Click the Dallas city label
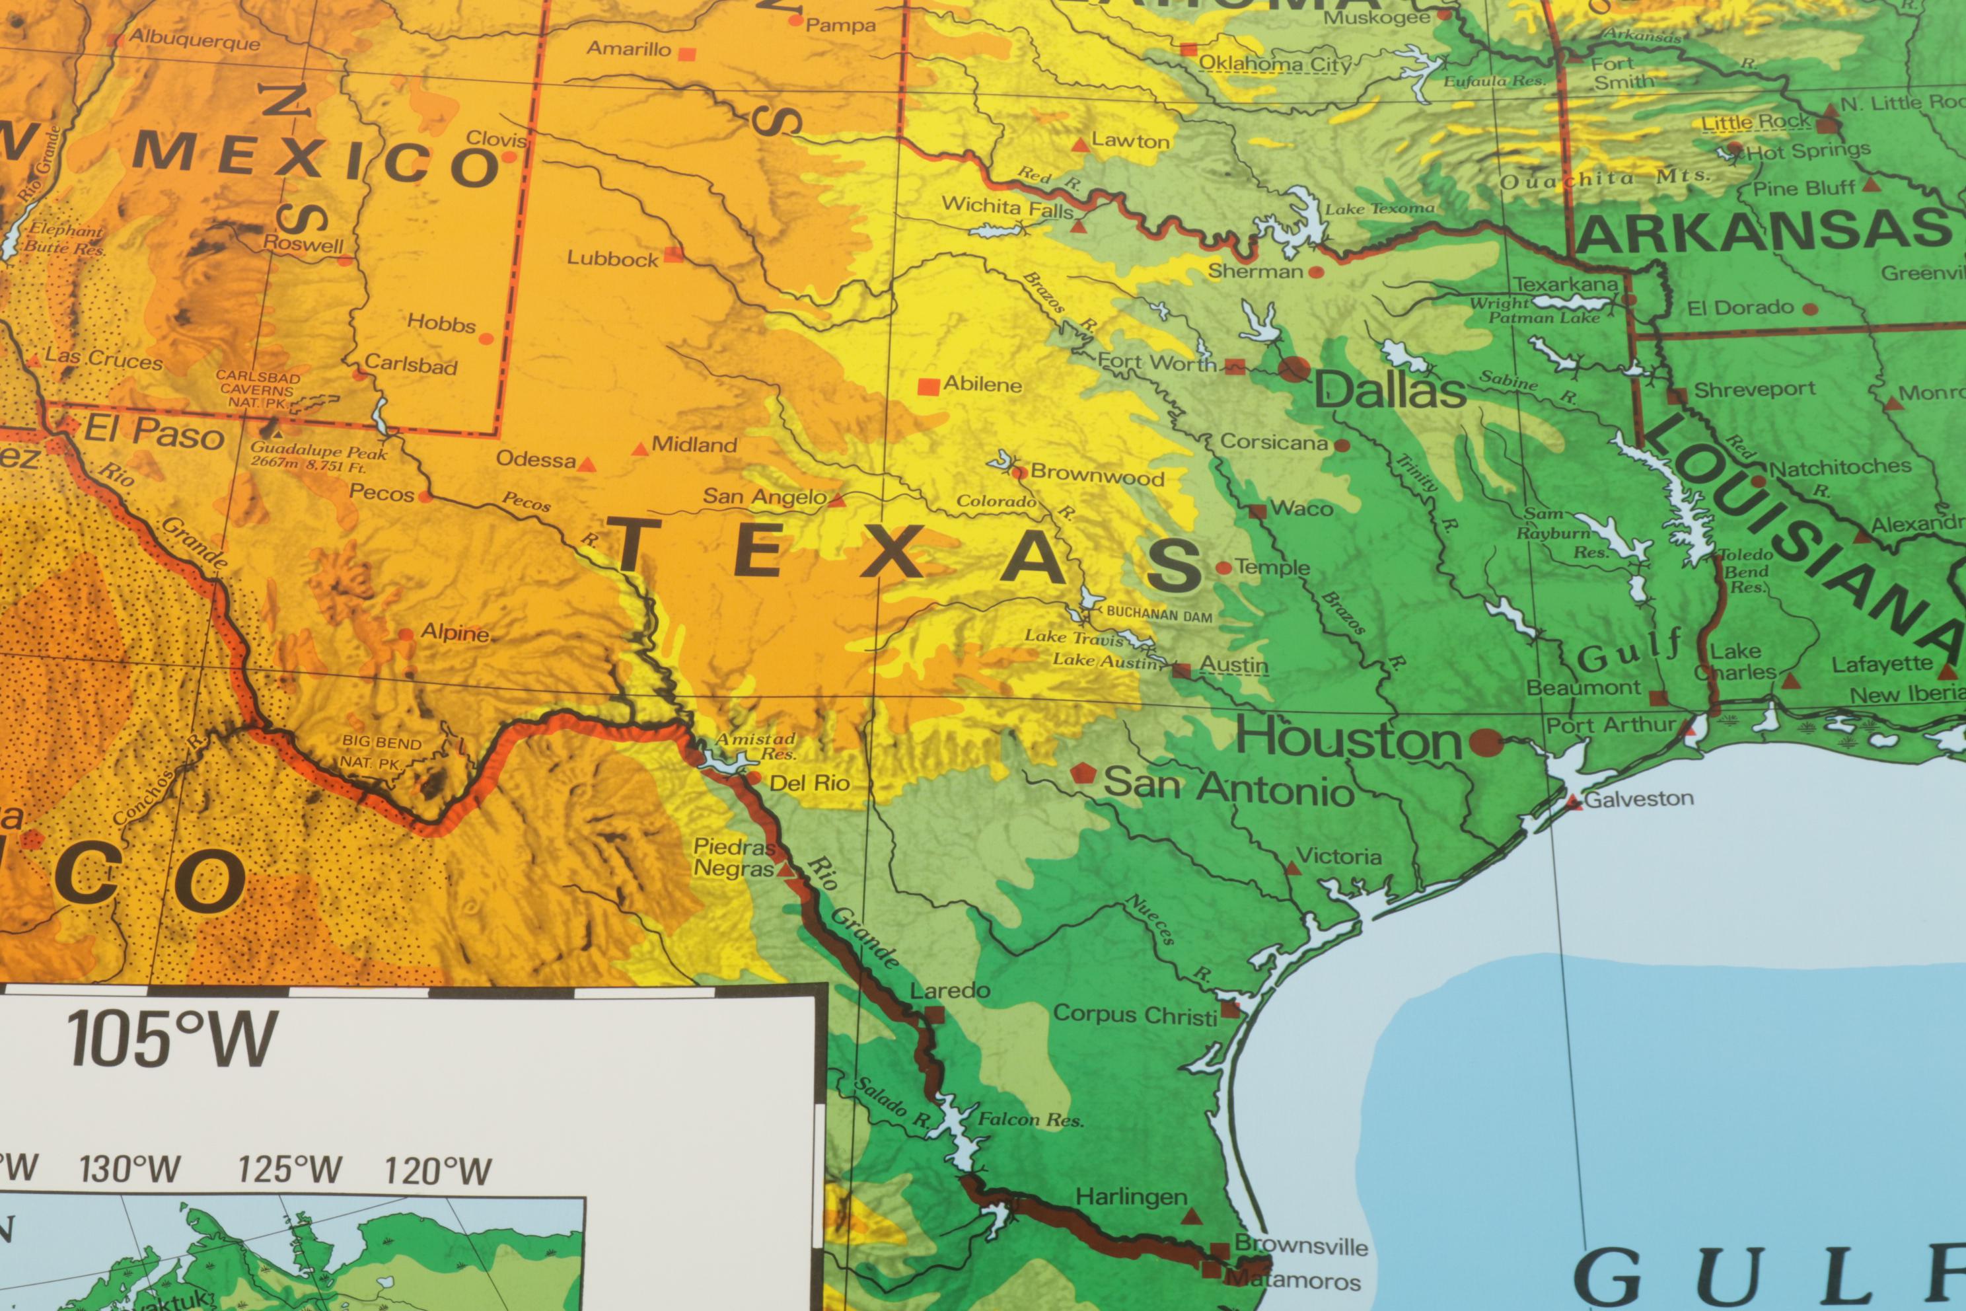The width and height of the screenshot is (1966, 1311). pyautogui.click(x=1390, y=391)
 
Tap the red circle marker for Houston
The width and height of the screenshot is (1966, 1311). pyautogui.click(x=1485, y=741)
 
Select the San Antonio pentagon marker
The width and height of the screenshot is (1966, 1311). pyautogui.click(x=1083, y=773)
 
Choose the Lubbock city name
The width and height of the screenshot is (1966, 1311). pyautogui.click(x=612, y=258)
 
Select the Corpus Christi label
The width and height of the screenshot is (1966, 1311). pyautogui.click(x=1134, y=1014)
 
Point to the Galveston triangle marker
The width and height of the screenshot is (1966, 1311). pyautogui.click(x=1576, y=803)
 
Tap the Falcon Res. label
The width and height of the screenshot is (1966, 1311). pyautogui.click(x=1030, y=1119)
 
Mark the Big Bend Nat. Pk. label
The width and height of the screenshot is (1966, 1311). pyautogui.click(x=381, y=753)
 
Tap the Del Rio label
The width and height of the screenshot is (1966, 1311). pyautogui.click(x=809, y=784)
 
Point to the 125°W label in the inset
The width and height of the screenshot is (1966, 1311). pyautogui.click(x=290, y=1169)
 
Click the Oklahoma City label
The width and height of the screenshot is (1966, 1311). pyautogui.click(x=1274, y=64)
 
